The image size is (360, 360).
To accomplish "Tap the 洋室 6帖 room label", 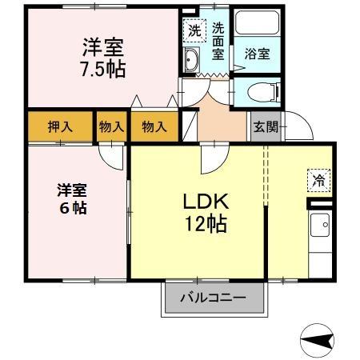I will point(72,198).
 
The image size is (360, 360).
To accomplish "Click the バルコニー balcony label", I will point(213,298).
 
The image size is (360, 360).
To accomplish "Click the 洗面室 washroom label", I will point(218,41).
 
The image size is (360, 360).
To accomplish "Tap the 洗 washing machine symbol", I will point(194,31).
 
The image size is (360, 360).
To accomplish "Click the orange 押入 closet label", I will point(60,126).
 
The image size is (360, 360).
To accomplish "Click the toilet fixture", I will point(262,92).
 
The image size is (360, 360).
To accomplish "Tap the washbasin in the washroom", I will point(192,61).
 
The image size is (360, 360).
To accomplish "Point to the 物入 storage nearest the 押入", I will point(112,126).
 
